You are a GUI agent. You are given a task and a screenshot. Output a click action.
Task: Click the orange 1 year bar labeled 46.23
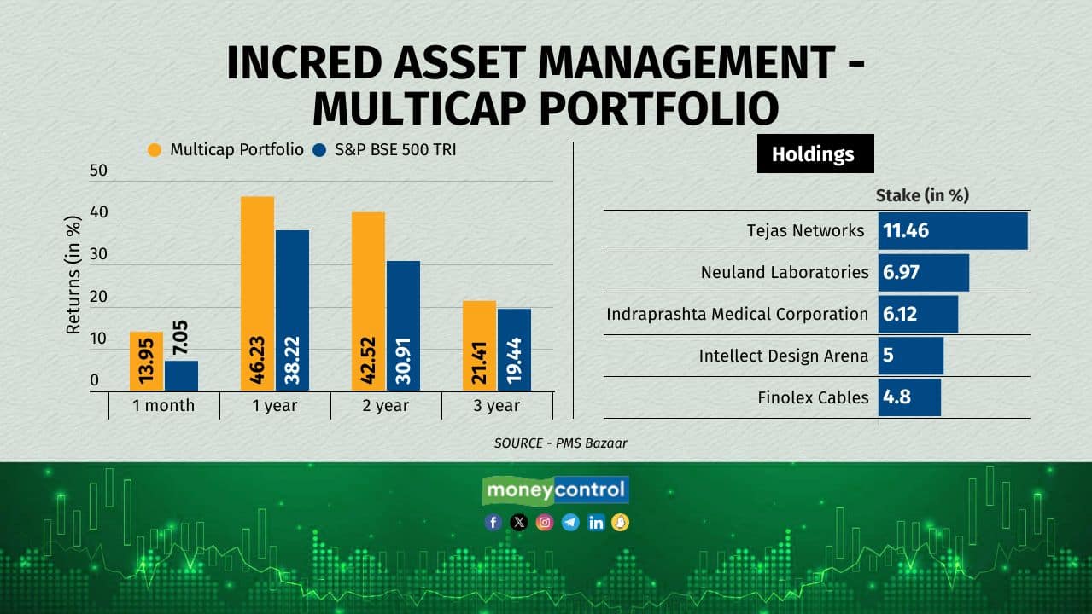[x=257, y=293]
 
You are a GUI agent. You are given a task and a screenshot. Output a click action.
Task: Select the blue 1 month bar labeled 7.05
[x=181, y=375]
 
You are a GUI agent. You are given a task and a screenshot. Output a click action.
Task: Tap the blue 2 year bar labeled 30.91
[x=403, y=326]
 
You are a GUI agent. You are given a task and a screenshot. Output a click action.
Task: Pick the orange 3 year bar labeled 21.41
[x=479, y=345]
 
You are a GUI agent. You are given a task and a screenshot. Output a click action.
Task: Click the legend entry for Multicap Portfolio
[x=226, y=150]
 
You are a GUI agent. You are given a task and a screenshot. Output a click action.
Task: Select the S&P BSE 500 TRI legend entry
[x=385, y=150]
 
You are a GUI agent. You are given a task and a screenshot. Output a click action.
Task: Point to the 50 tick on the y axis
[x=100, y=171]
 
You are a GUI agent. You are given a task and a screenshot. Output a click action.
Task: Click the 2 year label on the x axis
[x=386, y=406]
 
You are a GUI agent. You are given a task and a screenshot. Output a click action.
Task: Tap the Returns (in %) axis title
[x=74, y=275]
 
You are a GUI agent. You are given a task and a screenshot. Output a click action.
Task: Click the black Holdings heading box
[x=815, y=153]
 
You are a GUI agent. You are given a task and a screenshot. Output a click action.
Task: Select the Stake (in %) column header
[x=922, y=195]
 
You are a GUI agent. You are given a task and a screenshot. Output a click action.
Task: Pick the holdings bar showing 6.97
[x=923, y=273]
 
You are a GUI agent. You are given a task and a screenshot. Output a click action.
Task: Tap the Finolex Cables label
[x=813, y=397]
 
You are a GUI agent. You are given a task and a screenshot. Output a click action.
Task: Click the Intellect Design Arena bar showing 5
[x=910, y=356]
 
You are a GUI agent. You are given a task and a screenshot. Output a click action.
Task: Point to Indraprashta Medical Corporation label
[x=737, y=314]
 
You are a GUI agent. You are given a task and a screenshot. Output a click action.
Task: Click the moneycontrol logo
[x=556, y=490]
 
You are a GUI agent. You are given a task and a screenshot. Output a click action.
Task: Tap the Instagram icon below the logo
[x=545, y=523]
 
